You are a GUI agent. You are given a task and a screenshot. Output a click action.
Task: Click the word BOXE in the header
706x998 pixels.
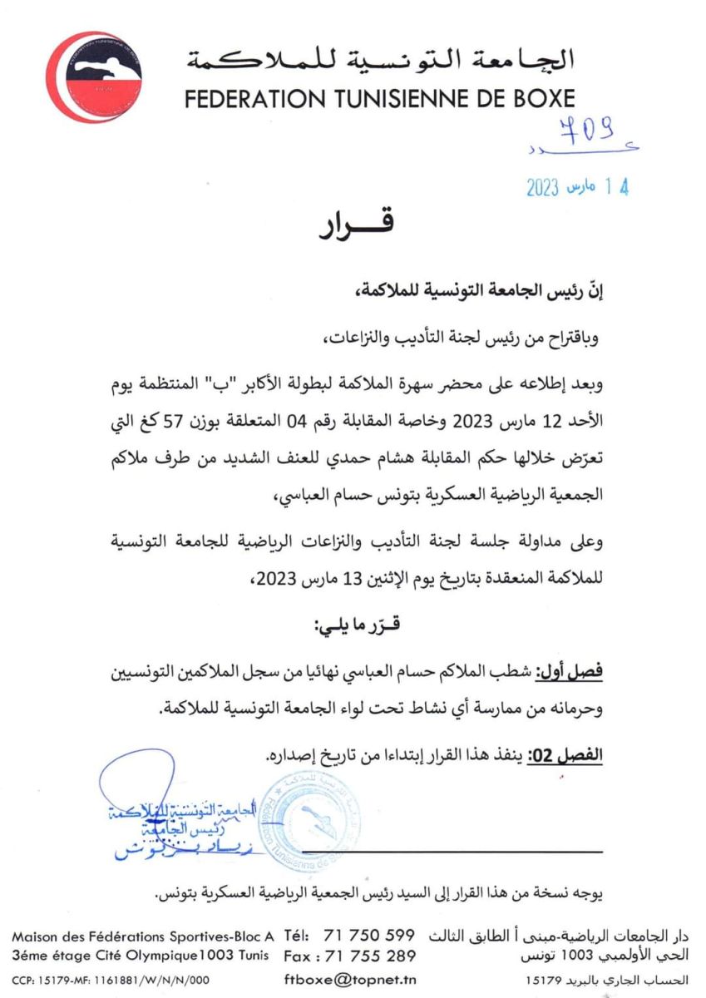tap(536, 99)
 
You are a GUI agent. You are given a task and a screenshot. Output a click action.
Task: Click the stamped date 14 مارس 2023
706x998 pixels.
tap(577, 187)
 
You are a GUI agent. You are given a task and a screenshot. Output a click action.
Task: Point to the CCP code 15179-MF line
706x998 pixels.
tap(111, 980)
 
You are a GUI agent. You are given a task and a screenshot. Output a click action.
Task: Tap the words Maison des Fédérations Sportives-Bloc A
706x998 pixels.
tap(142, 936)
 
